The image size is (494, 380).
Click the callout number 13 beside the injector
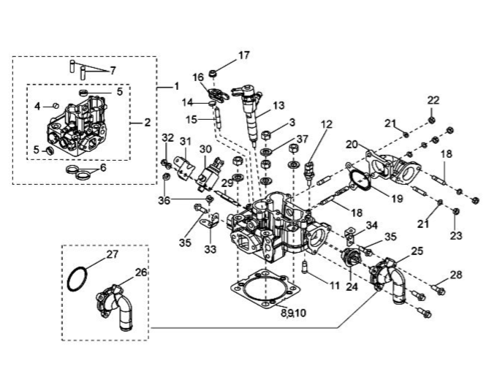[x=278, y=105]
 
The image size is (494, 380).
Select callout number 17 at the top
[x=243, y=55]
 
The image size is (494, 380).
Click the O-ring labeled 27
[x=77, y=279]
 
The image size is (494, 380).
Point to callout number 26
[x=141, y=272]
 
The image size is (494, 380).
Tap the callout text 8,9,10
[x=293, y=313]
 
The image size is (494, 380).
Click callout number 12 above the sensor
[x=327, y=124]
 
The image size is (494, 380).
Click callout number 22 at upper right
[x=433, y=100]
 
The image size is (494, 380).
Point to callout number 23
[x=455, y=235]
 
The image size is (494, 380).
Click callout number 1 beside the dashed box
[x=176, y=85]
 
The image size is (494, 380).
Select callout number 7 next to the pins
[x=113, y=71]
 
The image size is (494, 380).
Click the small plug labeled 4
[x=56, y=105]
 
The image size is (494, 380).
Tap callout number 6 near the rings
[x=103, y=167]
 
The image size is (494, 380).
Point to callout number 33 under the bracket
[x=210, y=249]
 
